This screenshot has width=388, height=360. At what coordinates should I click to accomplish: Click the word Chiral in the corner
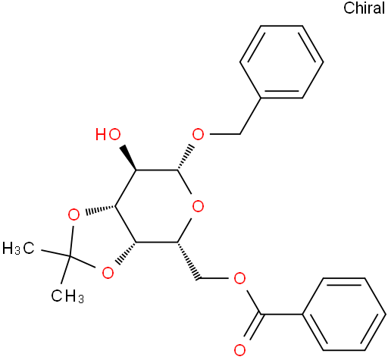pos(364,8)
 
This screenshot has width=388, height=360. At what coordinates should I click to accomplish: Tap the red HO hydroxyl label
pos(108,134)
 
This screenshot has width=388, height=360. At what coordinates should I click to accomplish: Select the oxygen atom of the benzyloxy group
pos(198,134)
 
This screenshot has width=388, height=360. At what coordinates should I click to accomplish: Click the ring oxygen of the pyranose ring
pos(198,206)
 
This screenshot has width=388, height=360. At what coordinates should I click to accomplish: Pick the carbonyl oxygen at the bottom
pos(239,350)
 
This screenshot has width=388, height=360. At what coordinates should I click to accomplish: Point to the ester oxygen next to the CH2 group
pos(239,278)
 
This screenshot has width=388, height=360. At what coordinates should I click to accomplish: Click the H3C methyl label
pos(18,248)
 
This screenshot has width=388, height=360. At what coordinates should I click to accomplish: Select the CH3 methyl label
pos(67,296)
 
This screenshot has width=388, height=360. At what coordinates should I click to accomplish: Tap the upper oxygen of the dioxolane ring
pos(74,215)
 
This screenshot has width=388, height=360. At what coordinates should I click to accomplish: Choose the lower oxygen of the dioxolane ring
pos(108,273)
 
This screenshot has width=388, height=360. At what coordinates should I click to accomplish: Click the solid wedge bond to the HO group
pos(129,158)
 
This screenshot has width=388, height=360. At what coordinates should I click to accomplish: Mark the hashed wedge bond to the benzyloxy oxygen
pos(185,158)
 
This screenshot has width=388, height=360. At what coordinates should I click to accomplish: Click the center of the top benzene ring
pos(281,61)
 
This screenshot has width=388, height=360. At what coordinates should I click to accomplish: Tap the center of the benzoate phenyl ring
pos(344,314)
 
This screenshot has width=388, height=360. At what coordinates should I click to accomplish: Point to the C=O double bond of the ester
pos(252,327)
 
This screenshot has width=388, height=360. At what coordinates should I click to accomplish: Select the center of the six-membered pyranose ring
pos(156,206)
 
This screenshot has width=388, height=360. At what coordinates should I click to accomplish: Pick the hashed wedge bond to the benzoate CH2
pos(188,261)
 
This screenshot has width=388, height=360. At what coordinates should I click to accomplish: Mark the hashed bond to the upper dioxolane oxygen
pos(100,210)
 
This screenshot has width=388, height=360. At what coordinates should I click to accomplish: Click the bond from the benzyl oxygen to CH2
pos(224,134)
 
